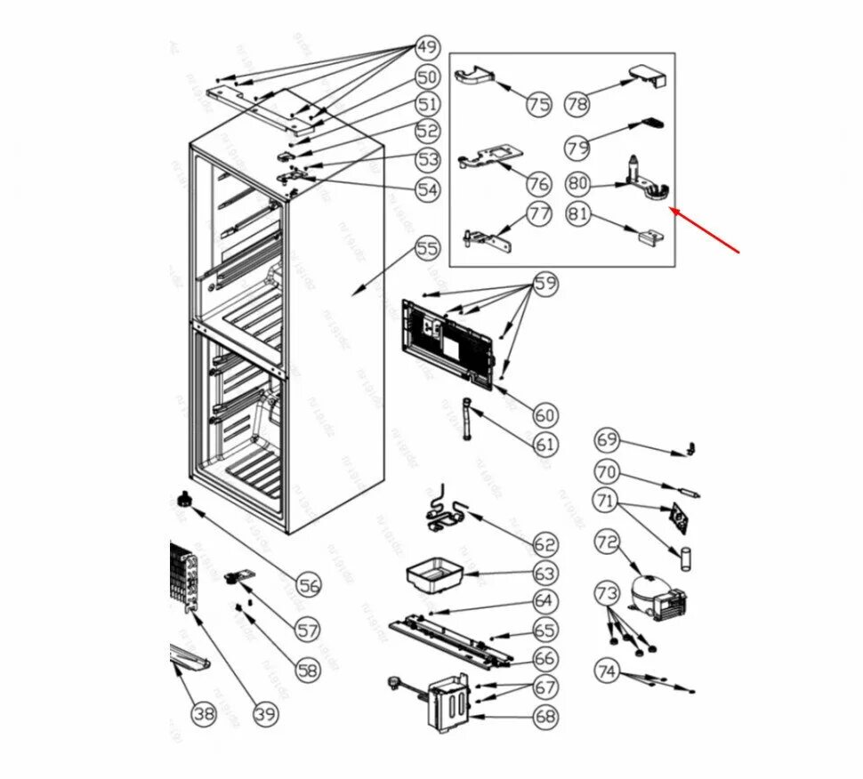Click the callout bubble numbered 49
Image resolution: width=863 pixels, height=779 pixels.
[428, 47]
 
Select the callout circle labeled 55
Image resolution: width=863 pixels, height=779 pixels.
[428, 248]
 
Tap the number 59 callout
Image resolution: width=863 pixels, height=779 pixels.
[544, 285]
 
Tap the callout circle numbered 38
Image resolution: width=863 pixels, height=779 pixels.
[205, 712]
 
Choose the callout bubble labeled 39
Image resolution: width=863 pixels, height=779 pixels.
[265, 712]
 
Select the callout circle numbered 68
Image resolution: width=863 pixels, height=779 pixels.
[544, 716]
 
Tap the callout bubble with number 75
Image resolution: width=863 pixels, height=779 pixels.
[538, 105]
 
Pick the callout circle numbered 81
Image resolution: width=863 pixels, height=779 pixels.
[578, 214]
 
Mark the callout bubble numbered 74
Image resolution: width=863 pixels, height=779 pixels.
[607, 672]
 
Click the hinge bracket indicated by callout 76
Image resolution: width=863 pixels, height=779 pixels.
[489, 158]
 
